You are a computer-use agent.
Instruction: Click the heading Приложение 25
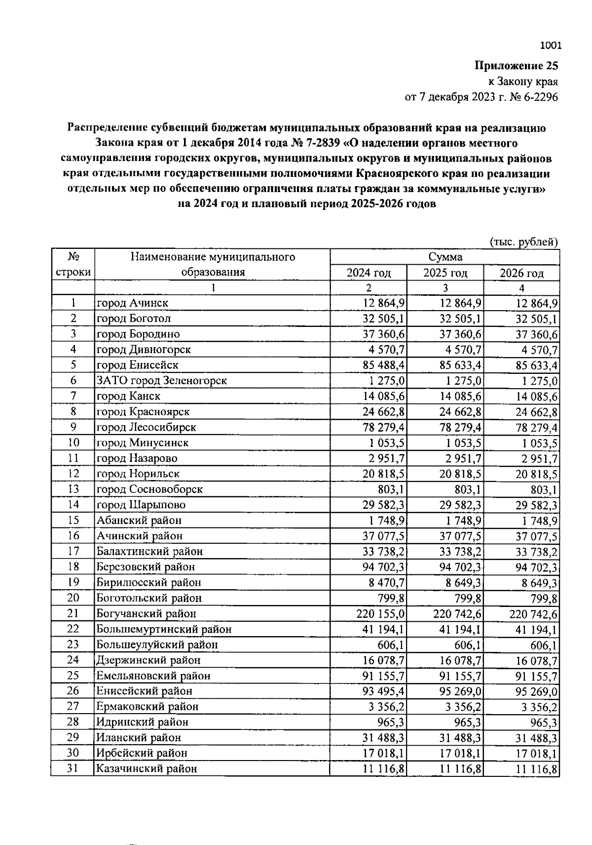pos(516,66)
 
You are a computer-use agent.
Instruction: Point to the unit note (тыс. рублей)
pos(523,241)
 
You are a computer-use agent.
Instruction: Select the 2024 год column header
pos(368,273)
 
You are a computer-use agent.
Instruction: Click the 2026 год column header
pos(521,273)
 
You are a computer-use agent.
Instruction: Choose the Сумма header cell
pos(445,257)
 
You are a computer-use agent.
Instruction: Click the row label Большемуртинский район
pos(164,629)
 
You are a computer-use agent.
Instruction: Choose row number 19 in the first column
pos(73,582)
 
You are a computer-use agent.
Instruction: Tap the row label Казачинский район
pos(147,768)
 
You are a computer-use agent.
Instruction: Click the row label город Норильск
pos(138,474)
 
